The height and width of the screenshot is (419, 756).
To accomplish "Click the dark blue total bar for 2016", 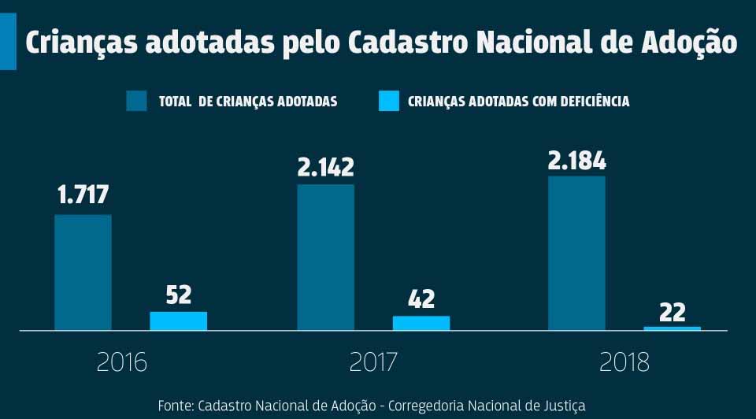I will pos(83,272).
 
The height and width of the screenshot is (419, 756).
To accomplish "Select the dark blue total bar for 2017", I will pos(325,257).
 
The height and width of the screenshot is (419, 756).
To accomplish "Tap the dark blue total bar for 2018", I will pos(576,252).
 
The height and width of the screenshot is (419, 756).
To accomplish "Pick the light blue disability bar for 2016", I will pos(179,321).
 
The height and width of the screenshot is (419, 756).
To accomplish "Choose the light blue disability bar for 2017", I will pos(421,323).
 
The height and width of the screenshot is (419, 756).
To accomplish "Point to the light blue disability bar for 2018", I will pos(672,328).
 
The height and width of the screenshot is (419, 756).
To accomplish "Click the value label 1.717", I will pos(83,195).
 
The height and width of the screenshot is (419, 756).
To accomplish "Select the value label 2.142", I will pos(325,167).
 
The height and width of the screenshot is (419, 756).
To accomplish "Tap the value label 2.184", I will pos(577,161).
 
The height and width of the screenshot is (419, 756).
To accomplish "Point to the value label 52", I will pos(179,295).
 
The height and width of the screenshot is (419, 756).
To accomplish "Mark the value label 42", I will pos(421,299).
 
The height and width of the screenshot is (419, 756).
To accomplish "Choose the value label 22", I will pos(672,312).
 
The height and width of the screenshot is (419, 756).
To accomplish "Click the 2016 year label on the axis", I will pos(122,362).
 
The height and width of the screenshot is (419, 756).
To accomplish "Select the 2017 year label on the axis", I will pos(373,362).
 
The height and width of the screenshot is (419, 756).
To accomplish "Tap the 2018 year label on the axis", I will pos(624,362).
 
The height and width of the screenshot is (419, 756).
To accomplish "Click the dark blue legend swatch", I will pos(136,101).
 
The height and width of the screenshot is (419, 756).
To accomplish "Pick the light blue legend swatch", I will pos(389,101).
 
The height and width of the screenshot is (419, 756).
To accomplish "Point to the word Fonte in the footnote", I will pos(175,406).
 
